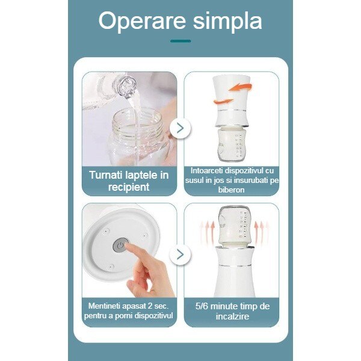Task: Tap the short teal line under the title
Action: point(180,41)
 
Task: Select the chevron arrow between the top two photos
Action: point(180,128)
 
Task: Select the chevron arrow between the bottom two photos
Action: point(180,255)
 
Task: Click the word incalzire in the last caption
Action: point(232,316)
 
